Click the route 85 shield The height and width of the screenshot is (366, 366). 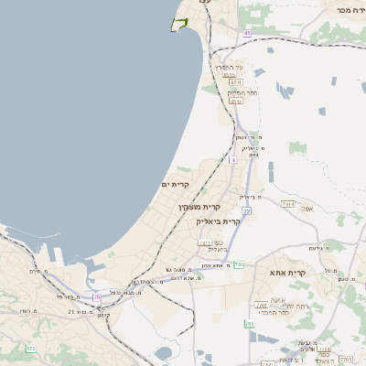click(246, 33)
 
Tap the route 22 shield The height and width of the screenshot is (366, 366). click(246, 211)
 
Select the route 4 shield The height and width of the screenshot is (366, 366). click(232, 159)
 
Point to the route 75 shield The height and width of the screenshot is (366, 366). click(97, 296)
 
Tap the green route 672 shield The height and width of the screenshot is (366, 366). click(30, 349)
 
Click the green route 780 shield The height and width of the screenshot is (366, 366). click(250, 324)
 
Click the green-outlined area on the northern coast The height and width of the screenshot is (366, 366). click(179, 25)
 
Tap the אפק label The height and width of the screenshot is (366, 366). click(307, 209)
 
